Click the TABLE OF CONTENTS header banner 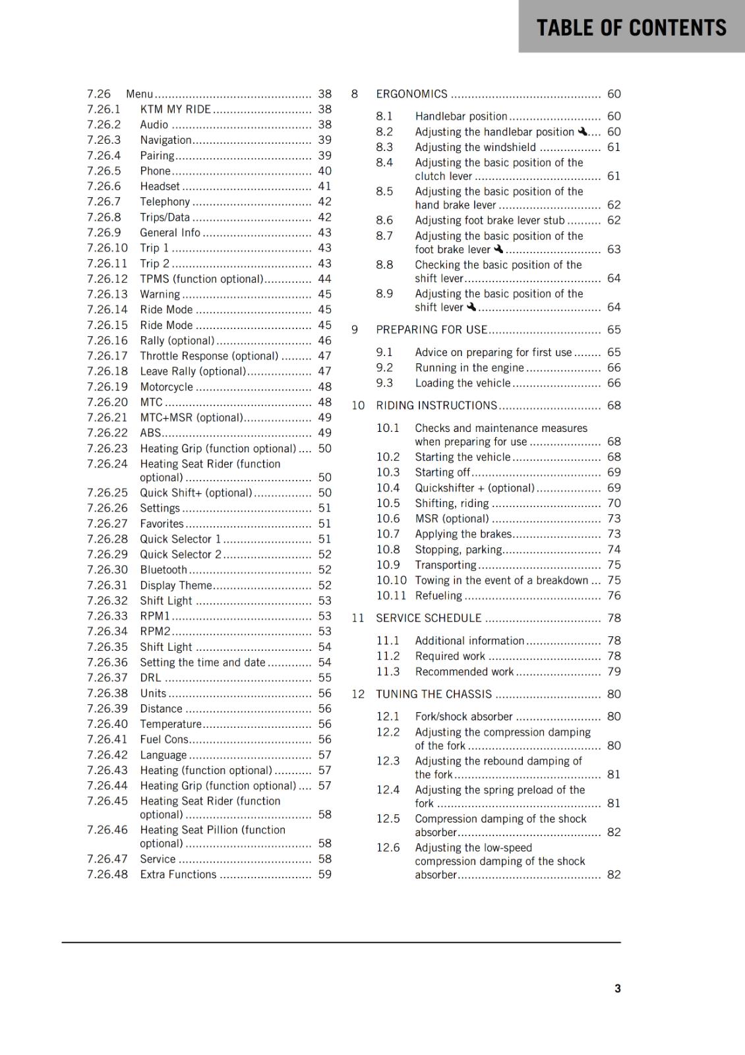631,27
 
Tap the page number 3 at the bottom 617,988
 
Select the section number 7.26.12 107,279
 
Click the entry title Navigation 165,140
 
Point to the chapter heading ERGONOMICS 411,94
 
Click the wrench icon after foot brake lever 498,249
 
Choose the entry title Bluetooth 164,570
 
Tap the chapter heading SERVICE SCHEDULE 429,618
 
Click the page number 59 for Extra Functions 324,874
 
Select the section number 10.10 392,580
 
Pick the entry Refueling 438,595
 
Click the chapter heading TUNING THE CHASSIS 434,694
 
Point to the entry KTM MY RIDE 175,109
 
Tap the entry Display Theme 176,585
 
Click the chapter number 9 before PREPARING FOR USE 355,330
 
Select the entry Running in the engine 469,368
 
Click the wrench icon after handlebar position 583,131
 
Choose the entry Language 164,755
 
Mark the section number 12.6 388,848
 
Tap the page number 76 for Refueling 614,595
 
